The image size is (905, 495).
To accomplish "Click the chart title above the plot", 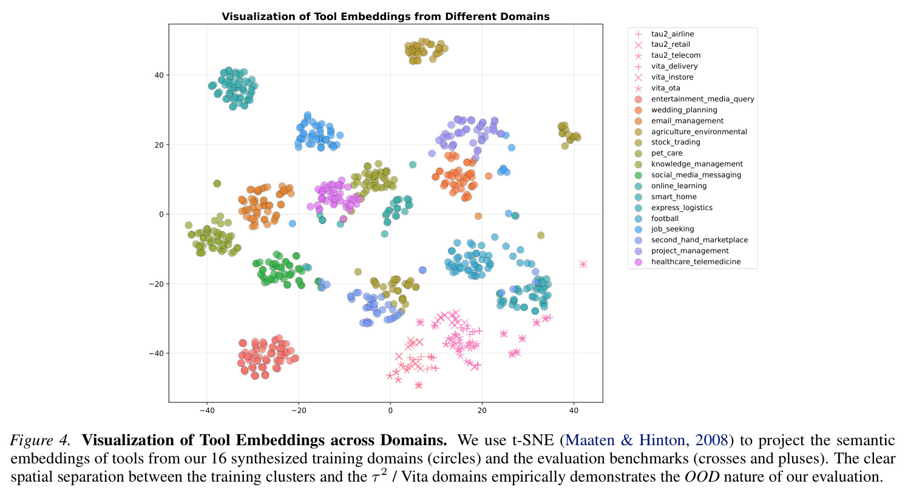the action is tap(385, 16).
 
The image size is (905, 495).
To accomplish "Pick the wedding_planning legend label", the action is tap(684, 110).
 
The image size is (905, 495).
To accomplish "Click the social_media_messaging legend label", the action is tap(696, 175).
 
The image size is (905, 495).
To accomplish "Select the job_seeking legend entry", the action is tap(673, 229).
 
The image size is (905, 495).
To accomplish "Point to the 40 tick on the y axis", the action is tap(158, 75).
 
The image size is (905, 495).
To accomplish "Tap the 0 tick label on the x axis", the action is tap(390, 410).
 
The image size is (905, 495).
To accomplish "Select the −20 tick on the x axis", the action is tap(299, 410).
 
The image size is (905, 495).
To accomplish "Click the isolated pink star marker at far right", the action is tap(583, 264).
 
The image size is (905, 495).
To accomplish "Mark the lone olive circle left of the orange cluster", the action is tap(217, 183).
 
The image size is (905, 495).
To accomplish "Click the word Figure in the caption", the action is tap(32, 440).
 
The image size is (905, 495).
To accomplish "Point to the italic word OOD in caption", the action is tap(702, 476).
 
